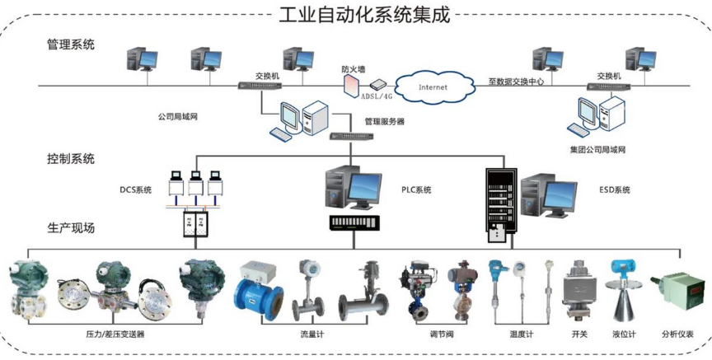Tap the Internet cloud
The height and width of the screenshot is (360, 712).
point(433,86)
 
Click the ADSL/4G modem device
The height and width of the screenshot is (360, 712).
point(378,84)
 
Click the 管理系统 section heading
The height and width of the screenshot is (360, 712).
point(71,44)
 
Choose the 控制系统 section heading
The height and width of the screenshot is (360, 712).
point(71,158)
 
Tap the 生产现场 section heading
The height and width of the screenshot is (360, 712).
point(71,227)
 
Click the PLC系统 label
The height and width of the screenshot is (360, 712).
point(416,190)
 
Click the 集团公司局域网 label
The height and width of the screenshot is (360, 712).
point(598,150)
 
